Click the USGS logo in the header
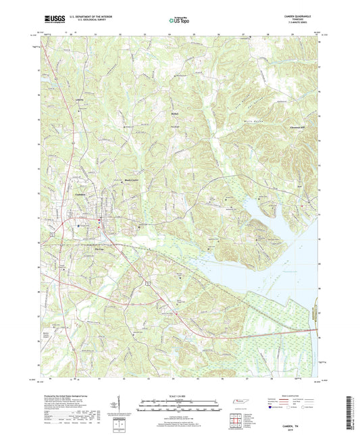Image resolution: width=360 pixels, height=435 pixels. [x=51, y=20]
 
